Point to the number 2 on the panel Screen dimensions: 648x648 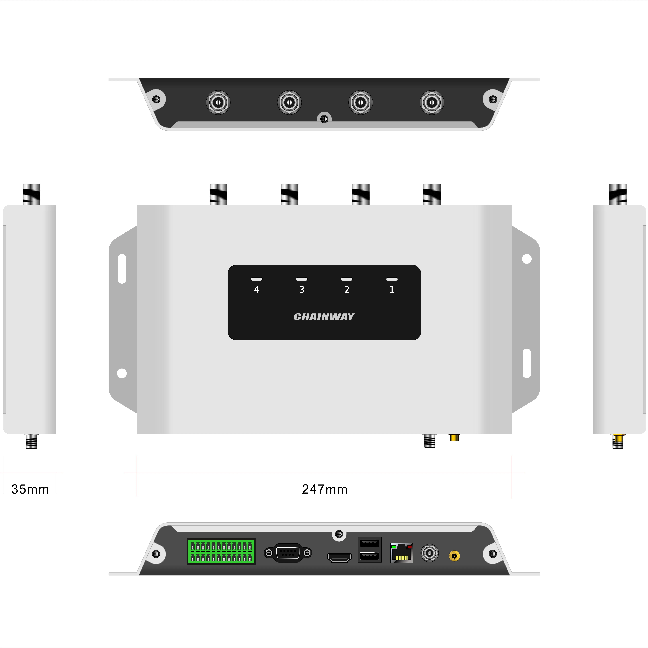pyautogui.click(x=347, y=289)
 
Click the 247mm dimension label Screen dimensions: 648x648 pyautogui.click(x=324, y=489)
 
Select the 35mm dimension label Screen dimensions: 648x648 pyautogui.click(x=30, y=489)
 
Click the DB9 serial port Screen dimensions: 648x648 pyautogui.click(x=288, y=552)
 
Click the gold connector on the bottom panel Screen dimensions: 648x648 pyautogui.click(x=454, y=556)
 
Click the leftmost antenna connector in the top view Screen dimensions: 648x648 pyautogui.click(x=218, y=102)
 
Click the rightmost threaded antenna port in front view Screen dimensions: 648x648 pyautogui.click(x=432, y=194)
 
